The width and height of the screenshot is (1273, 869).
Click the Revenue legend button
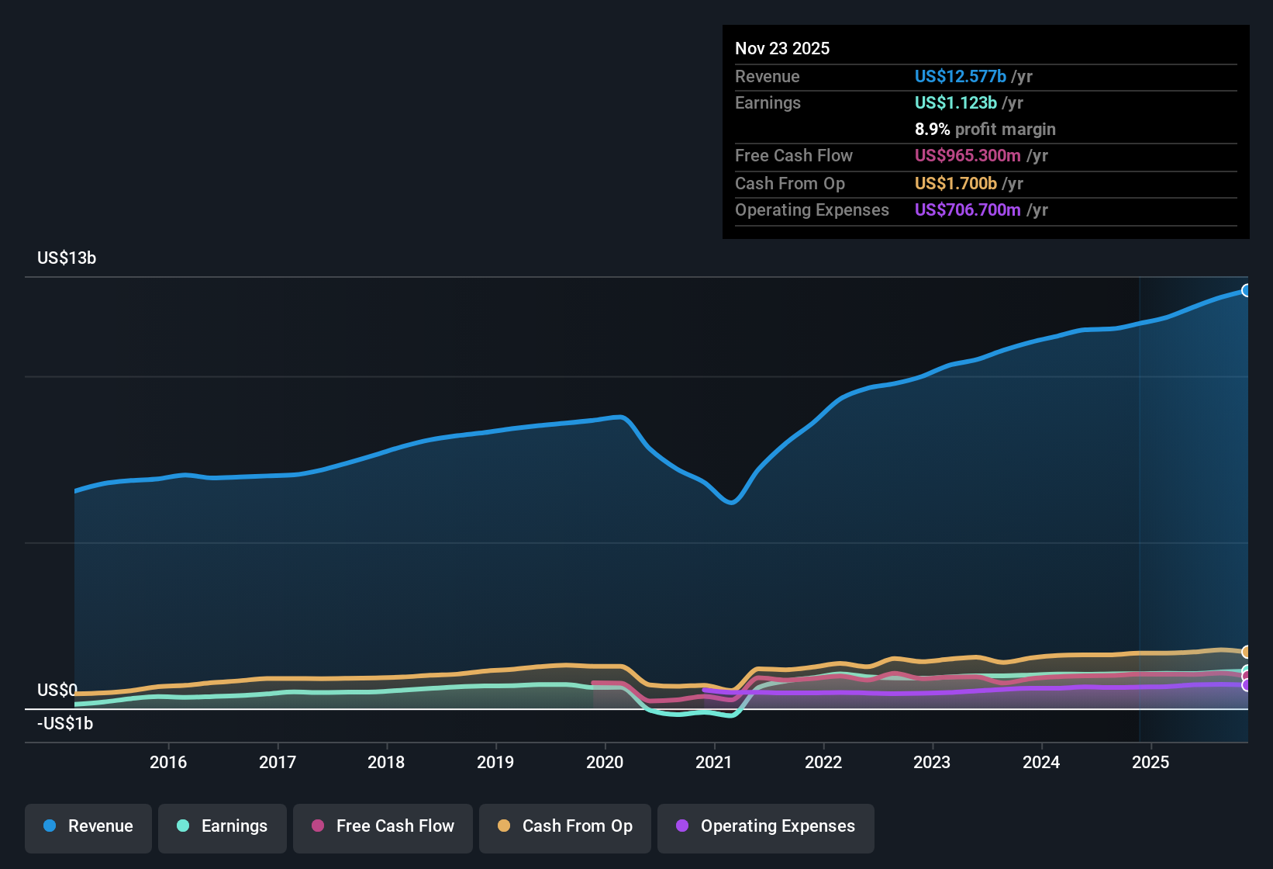click(88, 827)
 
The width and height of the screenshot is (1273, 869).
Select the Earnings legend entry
click(223, 827)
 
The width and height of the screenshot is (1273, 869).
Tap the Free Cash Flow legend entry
click(383, 827)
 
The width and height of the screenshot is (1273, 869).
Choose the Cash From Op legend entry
click(565, 827)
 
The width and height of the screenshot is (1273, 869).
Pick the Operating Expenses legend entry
click(766, 827)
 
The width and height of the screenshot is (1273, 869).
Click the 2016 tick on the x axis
click(168, 762)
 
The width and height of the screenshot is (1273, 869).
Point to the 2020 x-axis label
click(605, 762)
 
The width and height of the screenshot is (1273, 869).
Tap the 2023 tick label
click(932, 762)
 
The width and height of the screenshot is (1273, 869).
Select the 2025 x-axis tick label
click(1151, 762)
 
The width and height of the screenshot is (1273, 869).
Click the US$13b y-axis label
click(67, 258)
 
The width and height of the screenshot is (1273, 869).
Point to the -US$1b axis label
click(65, 724)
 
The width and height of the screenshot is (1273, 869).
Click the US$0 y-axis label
click(57, 691)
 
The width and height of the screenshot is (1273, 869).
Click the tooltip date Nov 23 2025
click(782, 49)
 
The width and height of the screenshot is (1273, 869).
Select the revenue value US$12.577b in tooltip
click(960, 77)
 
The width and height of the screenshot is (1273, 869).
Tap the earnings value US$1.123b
click(955, 103)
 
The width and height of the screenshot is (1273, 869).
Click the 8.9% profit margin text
click(985, 130)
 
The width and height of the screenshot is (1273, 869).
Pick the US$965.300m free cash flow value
click(967, 156)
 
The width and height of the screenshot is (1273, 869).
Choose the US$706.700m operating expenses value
click(967, 210)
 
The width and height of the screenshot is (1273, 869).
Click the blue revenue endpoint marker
click(1246, 291)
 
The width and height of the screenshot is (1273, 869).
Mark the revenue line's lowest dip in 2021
click(731, 502)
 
